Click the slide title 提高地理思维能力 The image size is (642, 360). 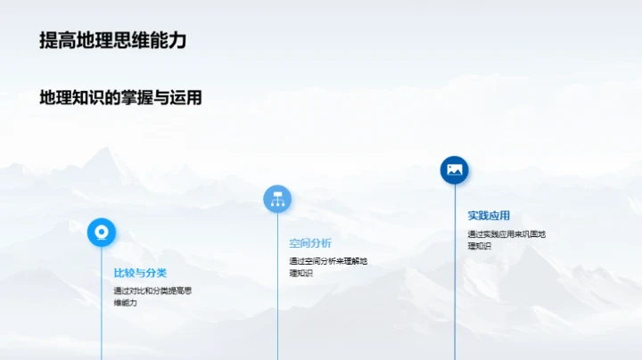pyautogui.click(x=113, y=40)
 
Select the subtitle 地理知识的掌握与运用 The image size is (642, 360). pyautogui.click(x=120, y=97)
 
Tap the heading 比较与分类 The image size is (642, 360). pyautogui.click(x=140, y=272)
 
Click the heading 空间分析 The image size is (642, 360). pyautogui.click(x=310, y=242)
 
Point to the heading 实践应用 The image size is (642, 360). pyautogui.click(x=489, y=215)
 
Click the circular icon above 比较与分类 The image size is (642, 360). pyautogui.click(x=102, y=232)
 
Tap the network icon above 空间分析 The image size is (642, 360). pyautogui.click(x=277, y=199)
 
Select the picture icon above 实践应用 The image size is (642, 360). pyautogui.click(x=454, y=169)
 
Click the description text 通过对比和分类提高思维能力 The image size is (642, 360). pyautogui.click(x=152, y=296)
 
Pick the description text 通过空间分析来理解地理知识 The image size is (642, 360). pyautogui.click(x=327, y=266)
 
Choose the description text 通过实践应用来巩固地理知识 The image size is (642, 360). pyautogui.click(x=506, y=240)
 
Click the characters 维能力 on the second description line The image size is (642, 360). pyautogui.click(x=125, y=303)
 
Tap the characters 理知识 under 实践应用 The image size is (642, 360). pyautogui.click(x=480, y=246)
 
